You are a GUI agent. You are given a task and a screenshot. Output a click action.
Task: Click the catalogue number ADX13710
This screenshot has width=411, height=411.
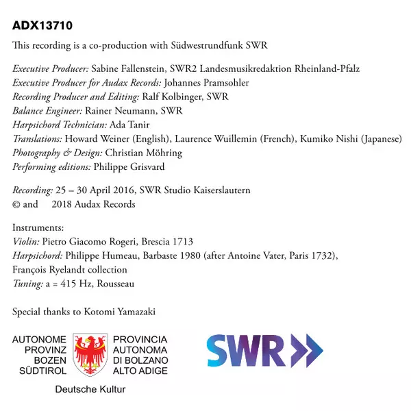tap(43, 26)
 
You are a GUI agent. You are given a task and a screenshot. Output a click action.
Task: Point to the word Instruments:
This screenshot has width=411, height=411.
tap(38, 228)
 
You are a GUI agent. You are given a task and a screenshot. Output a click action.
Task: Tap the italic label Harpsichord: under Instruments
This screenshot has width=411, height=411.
tap(38, 256)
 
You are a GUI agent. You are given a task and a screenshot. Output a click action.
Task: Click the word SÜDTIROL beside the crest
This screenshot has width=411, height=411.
tap(40, 371)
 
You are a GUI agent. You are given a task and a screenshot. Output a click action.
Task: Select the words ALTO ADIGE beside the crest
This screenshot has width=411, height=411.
tap(140, 371)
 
